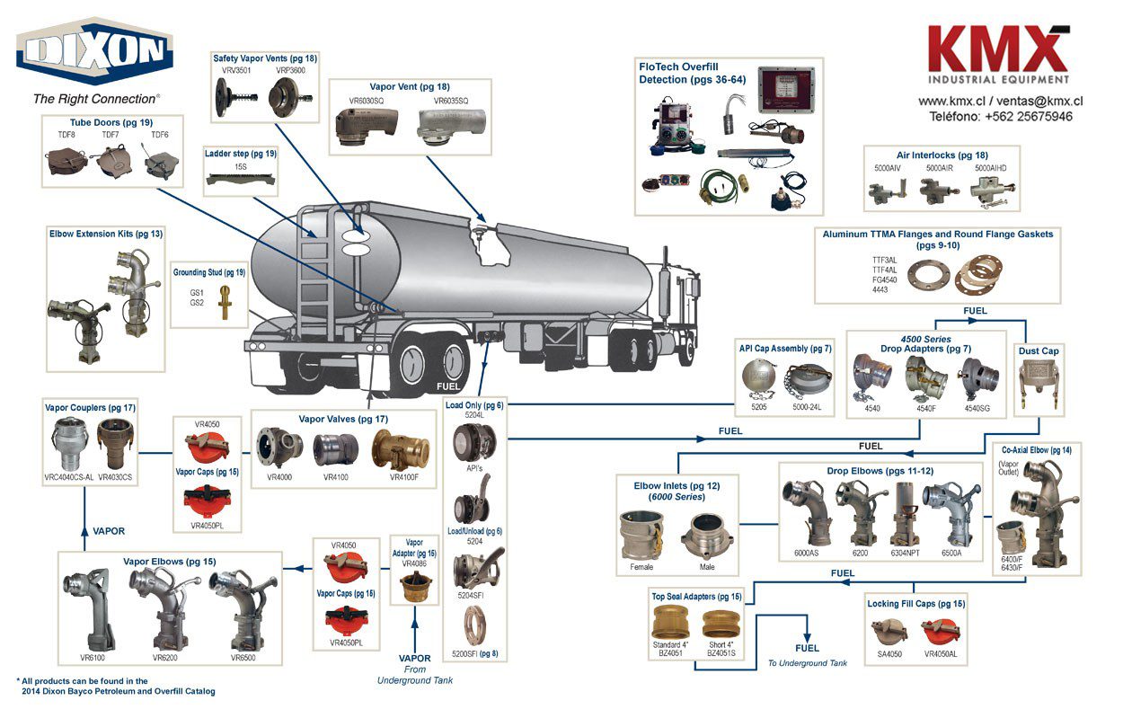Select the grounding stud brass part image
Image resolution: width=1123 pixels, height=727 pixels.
click(x=225, y=301)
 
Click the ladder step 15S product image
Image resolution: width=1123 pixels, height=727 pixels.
click(x=240, y=181)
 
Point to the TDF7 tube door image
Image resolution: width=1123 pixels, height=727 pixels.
click(x=111, y=164)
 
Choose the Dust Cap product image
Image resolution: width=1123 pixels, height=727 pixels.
click(x=1037, y=383)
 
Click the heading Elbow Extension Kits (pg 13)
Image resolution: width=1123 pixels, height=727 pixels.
click(x=106, y=234)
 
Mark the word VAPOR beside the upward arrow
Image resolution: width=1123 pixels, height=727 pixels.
click(x=109, y=531)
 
